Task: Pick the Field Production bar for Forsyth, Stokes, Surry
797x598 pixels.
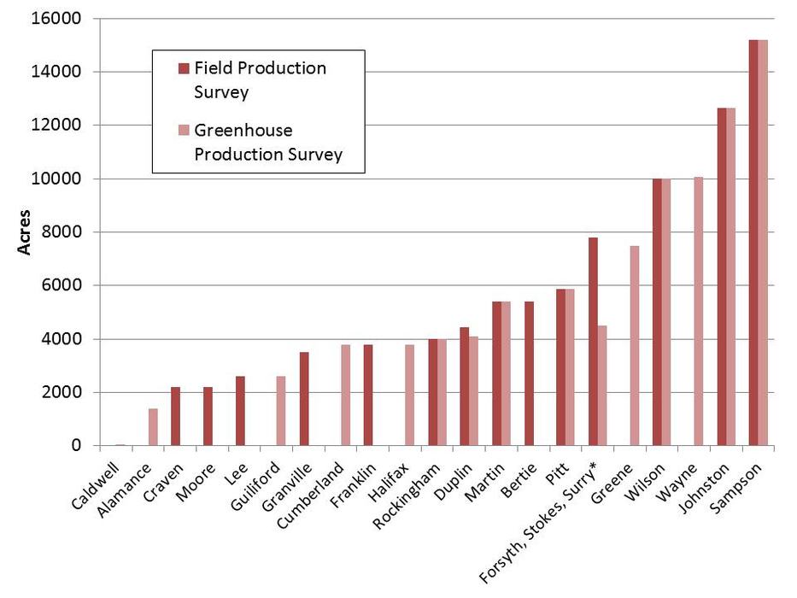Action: [x=593, y=342]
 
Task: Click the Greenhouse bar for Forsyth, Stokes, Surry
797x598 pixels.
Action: [x=602, y=385]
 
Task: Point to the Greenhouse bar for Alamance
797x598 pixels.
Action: [x=153, y=427]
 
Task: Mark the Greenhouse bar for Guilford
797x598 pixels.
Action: [x=281, y=411]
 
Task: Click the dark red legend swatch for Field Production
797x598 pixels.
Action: [x=183, y=68]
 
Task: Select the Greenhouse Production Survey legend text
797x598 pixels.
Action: [x=267, y=142]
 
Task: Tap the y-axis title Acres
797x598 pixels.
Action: [x=26, y=232]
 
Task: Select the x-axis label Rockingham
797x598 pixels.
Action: [x=413, y=492]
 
